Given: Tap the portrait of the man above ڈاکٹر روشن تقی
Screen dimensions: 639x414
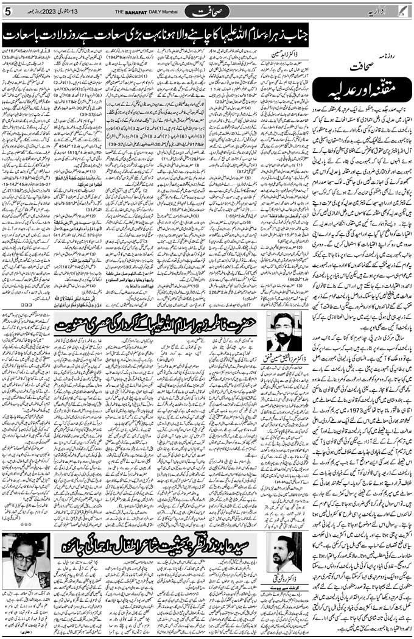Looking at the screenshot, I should [x=285, y=551].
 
